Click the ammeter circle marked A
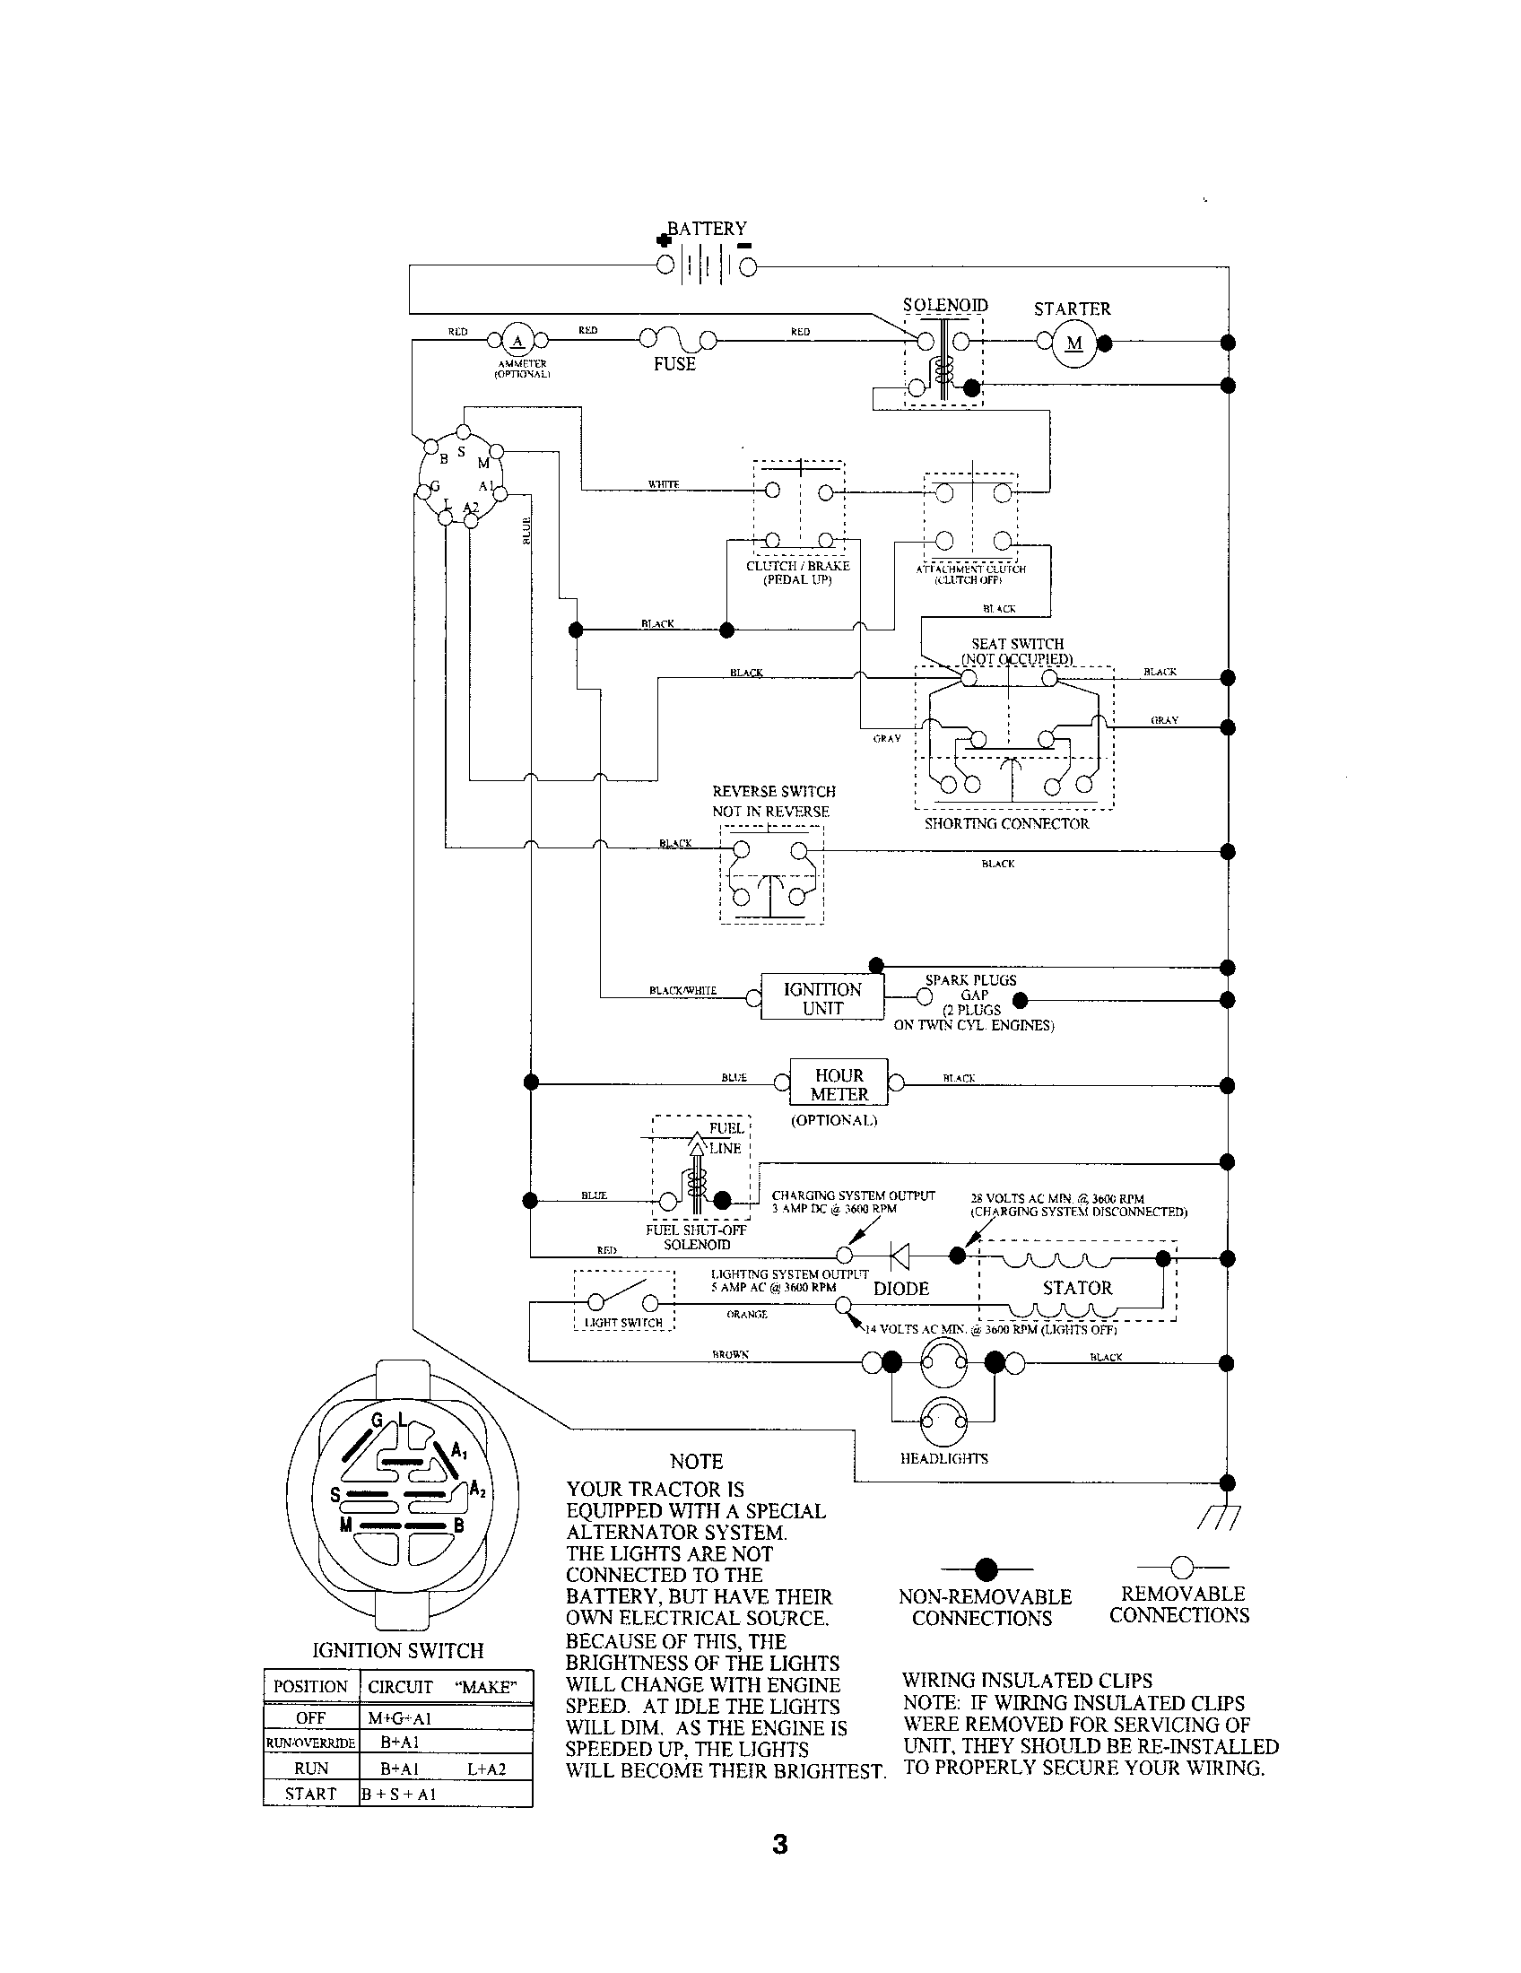(x=517, y=341)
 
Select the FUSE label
(x=674, y=364)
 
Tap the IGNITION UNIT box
(x=821, y=998)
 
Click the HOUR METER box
(x=839, y=1084)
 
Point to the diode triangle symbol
(x=900, y=1255)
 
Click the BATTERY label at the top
(x=707, y=229)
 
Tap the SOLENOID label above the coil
(x=944, y=305)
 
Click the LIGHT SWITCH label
(x=623, y=1323)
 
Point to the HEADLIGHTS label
(x=943, y=1458)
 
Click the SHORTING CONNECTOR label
(x=1006, y=824)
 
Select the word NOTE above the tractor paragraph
(x=696, y=1462)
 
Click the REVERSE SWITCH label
(x=773, y=791)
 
